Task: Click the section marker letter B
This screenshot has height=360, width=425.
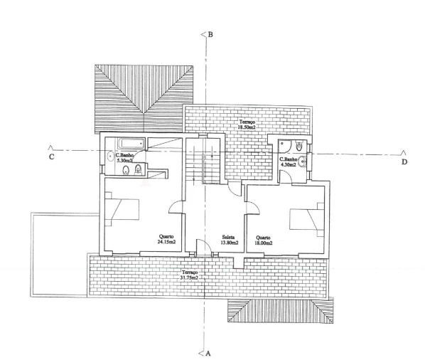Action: click(x=210, y=35)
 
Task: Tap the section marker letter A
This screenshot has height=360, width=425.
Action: click(x=208, y=354)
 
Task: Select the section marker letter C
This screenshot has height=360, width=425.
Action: click(x=51, y=157)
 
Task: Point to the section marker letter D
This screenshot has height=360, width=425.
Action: click(x=404, y=162)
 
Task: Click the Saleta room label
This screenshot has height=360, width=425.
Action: click(x=228, y=237)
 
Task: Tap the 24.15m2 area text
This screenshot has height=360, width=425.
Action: click(x=166, y=242)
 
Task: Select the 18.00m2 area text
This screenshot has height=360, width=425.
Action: click(x=264, y=243)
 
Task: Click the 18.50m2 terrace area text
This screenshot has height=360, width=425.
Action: click(x=247, y=127)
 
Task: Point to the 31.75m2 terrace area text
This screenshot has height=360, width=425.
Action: click(x=189, y=277)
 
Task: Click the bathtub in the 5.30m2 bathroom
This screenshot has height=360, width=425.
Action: click(x=131, y=143)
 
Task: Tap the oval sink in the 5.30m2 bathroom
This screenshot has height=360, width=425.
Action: click(x=110, y=157)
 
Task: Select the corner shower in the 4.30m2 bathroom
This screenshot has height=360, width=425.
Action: click(x=284, y=146)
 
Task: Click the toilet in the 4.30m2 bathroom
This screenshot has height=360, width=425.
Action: click(x=298, y=145)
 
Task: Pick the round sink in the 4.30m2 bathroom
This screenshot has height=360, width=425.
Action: click(x=302, y=162)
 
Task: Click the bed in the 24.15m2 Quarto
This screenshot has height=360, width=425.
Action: click(x=122, y=209)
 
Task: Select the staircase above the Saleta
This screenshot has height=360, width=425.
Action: click(x=203, y=161)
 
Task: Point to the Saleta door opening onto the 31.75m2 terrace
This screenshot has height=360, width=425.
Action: click(x=203, y=247)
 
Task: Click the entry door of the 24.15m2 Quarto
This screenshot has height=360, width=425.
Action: click(x=176, y=207)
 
